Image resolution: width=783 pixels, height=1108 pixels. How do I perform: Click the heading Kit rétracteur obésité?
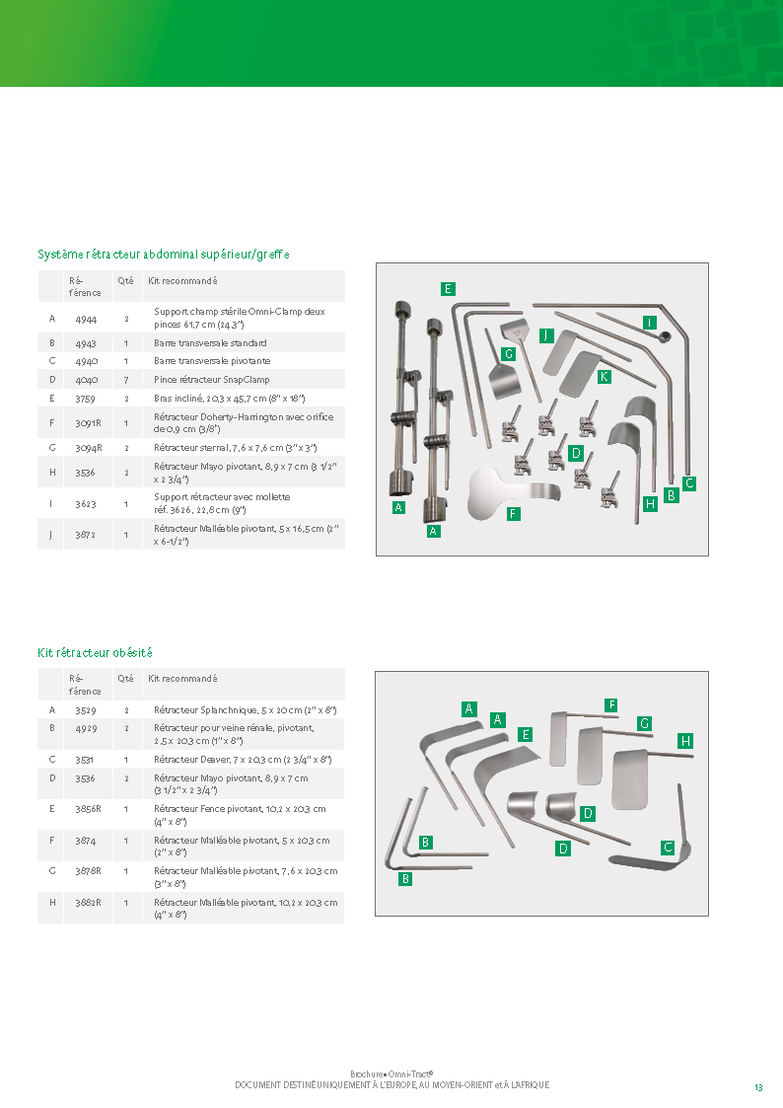tap(95, 653)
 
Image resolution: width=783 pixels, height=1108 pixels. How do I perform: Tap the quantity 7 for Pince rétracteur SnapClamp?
tap(126, 380)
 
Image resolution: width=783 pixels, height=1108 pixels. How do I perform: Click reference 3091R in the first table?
tap(89, 423)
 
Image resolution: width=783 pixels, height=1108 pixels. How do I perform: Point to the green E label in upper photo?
tap(448, 288)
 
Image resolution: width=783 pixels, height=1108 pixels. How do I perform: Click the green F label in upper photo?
tap(513, 513)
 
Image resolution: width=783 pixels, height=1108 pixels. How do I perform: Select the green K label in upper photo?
tap(604, 377)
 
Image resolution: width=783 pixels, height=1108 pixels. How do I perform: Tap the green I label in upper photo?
tap(649, 323)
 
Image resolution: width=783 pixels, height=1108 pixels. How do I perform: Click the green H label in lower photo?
tap(685, 740)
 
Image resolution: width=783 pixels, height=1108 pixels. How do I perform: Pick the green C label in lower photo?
tap(668, 848)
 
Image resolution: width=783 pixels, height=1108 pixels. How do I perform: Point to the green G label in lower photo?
tap(644, 723)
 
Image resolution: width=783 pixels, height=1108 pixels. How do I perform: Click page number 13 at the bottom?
tap(758, 1087)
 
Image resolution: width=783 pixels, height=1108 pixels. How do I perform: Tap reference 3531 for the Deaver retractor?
tap(86, 760)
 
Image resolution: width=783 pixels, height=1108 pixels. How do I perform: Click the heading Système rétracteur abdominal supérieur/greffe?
tap(164, 255)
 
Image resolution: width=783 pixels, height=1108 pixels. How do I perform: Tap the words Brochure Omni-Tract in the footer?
tap(391, 1073)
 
